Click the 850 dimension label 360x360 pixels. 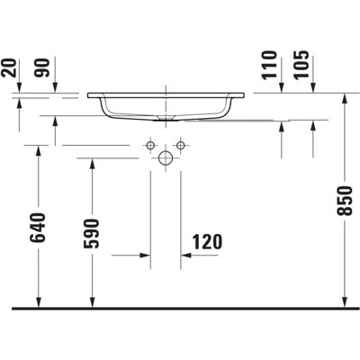pos(345,201)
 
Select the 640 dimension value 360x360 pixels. pos(38,228)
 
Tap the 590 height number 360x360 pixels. pos(92,234)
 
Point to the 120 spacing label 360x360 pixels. pos(207,242)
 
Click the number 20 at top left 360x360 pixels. pos(8,67)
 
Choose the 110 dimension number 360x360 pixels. pos(269,65)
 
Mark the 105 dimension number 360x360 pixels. pos(301,65)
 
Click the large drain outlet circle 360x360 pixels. pos(166,157)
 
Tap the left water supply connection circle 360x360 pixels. pos(150,146)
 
